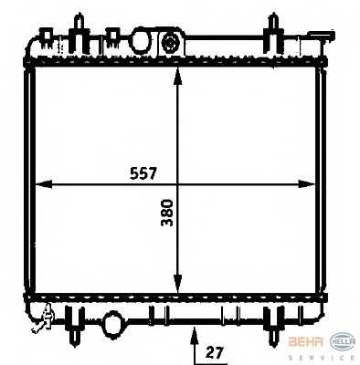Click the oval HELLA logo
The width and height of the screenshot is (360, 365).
click(x=340, y=339)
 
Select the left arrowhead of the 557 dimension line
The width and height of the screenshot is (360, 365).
click(x=39, y=185)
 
